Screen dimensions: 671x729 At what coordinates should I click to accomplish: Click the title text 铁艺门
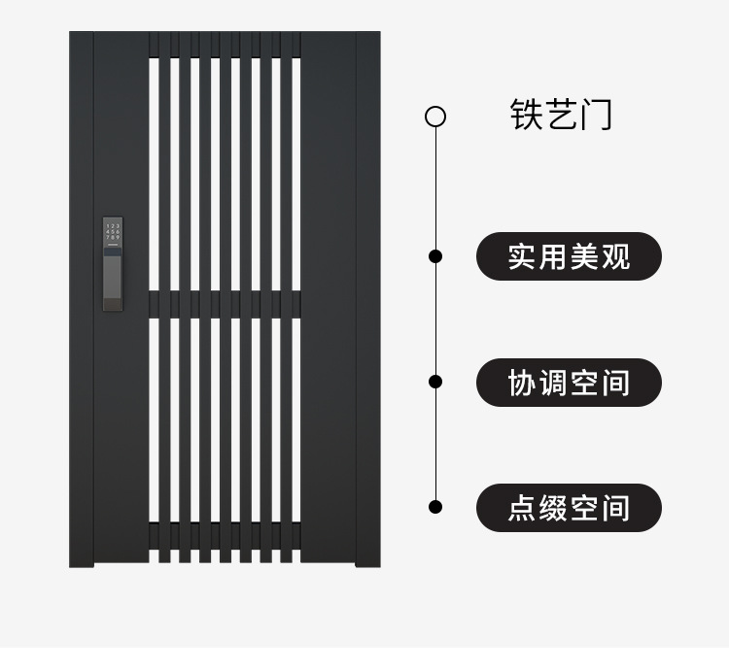561,115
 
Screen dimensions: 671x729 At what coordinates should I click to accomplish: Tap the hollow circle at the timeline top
435,117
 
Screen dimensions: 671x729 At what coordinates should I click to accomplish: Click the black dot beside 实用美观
435,256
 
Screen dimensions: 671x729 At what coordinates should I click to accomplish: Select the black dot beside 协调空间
435,382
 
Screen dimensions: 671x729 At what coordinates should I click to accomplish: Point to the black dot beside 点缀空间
435,506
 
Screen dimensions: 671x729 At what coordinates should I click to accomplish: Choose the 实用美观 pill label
569,257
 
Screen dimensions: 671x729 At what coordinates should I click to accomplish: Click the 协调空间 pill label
569,383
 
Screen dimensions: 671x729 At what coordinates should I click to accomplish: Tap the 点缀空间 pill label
569,508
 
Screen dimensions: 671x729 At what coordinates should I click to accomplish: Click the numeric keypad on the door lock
113,231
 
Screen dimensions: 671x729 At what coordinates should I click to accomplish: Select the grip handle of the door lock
113,282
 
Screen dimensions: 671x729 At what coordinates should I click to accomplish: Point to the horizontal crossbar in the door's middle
225,304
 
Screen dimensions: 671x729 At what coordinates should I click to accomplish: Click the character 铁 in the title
527,115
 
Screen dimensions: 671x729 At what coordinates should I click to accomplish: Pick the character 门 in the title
596,115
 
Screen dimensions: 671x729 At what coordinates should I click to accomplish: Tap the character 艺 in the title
561,115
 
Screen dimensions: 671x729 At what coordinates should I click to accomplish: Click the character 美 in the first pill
584,257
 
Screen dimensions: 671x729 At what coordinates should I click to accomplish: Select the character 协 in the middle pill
523,383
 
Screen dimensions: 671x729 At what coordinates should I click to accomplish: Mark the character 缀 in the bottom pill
553,508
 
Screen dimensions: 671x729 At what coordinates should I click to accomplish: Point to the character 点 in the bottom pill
523,508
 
